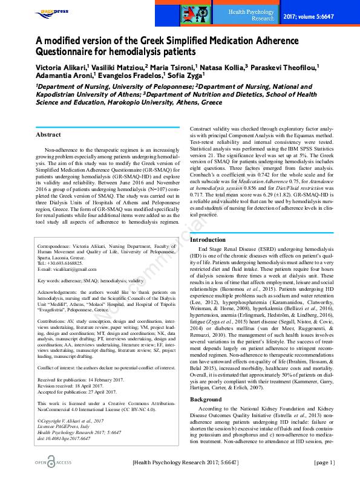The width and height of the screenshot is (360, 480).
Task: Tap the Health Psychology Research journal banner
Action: point(251,15)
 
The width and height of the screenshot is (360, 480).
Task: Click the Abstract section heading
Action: point(48,134)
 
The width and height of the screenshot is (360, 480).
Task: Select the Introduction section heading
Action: point(208,239)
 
